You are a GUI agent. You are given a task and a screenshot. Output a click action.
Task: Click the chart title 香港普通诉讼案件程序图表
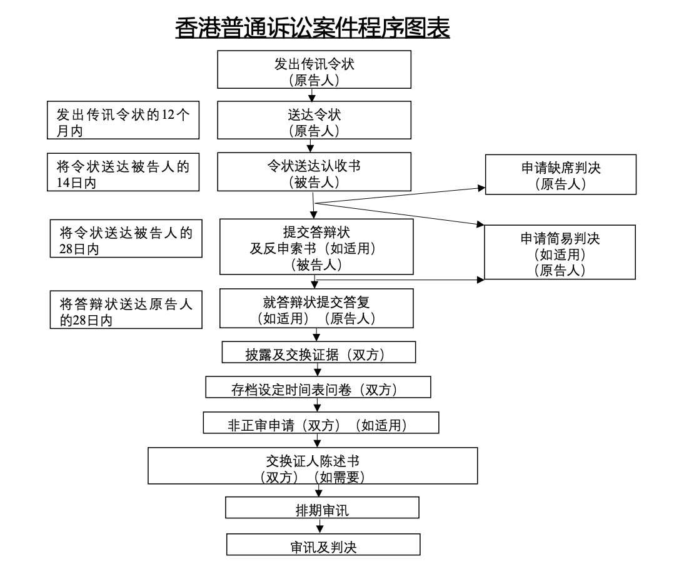click(312, 27)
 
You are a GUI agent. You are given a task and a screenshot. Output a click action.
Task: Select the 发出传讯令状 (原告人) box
click(314, 69)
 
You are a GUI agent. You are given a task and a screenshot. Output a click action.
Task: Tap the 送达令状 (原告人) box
click(314, 120)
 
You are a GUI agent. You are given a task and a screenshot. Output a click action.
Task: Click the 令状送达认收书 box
click(314, 172)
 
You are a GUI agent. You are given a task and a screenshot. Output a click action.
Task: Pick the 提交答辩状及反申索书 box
click(316, 246)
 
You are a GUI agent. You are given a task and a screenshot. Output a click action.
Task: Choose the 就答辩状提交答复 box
click(316, 308)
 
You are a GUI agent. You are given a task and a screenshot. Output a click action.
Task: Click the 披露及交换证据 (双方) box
click(319, 354)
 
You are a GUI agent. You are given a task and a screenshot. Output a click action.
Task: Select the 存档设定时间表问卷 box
click(318, 388)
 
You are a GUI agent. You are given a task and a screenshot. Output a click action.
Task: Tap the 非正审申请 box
click(321, 424)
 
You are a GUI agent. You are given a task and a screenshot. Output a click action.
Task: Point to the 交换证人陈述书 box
click(313, 466)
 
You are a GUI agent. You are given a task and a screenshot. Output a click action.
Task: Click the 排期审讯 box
click(322, 508)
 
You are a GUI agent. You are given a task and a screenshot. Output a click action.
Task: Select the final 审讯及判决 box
click(323, 545)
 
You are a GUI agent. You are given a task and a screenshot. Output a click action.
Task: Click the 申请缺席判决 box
click(561, 175)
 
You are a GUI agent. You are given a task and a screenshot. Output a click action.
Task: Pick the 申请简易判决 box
click(560, 252)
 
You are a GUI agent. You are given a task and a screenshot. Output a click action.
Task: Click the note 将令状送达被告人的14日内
click(123, 173)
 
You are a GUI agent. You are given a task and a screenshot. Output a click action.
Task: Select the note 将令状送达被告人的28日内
click(126, 239)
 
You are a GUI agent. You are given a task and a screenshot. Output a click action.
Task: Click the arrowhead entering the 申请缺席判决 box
click(481, 187)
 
